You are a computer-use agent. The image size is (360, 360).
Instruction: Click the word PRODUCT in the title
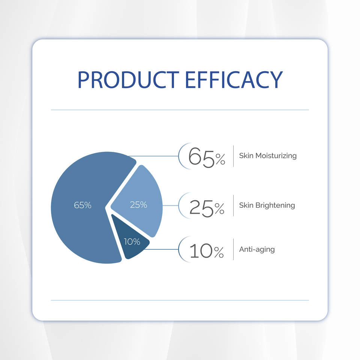point(128,79)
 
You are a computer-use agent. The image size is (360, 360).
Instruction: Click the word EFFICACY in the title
point(234,79)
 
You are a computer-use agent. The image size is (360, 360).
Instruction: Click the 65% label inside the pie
point(82,205)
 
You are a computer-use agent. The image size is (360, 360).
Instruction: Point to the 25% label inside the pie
point(138,205)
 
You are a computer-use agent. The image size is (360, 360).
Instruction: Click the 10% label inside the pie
point(132,241)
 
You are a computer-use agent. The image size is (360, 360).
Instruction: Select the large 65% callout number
point(207,157)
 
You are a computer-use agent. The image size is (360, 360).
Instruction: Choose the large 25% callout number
point(207,208)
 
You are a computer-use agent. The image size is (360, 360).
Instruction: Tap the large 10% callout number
point(207,251)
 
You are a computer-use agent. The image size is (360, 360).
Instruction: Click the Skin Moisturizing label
point(268,156)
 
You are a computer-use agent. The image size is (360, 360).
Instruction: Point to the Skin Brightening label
point(267,205)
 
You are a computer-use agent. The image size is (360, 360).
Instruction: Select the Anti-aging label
point(257,250)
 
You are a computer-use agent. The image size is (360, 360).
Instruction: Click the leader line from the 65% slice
point(153,156)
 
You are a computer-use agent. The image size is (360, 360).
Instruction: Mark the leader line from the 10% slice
point(162,249)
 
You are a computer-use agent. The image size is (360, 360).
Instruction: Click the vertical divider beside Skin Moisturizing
point(234,156)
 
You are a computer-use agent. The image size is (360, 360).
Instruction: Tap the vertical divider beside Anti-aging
point(234,249)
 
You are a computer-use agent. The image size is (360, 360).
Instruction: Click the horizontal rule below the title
point(180,110)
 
